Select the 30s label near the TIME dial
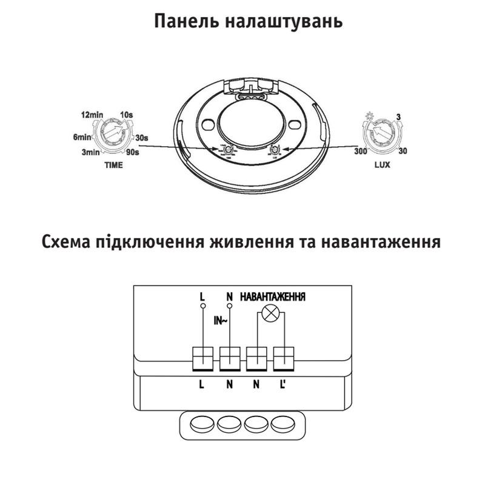pyautogui.click(x=142, y=138)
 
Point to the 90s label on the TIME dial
pyautogui.click(x=133, y=152)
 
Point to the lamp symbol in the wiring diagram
pyautogui.click(x=269, y=315)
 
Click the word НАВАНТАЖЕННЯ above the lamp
pyautogui.click(x=273, y=297)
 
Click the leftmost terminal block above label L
pyautogui.click(x=201, y=358)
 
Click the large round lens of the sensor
pyautogui.click(x=247, y=121)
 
